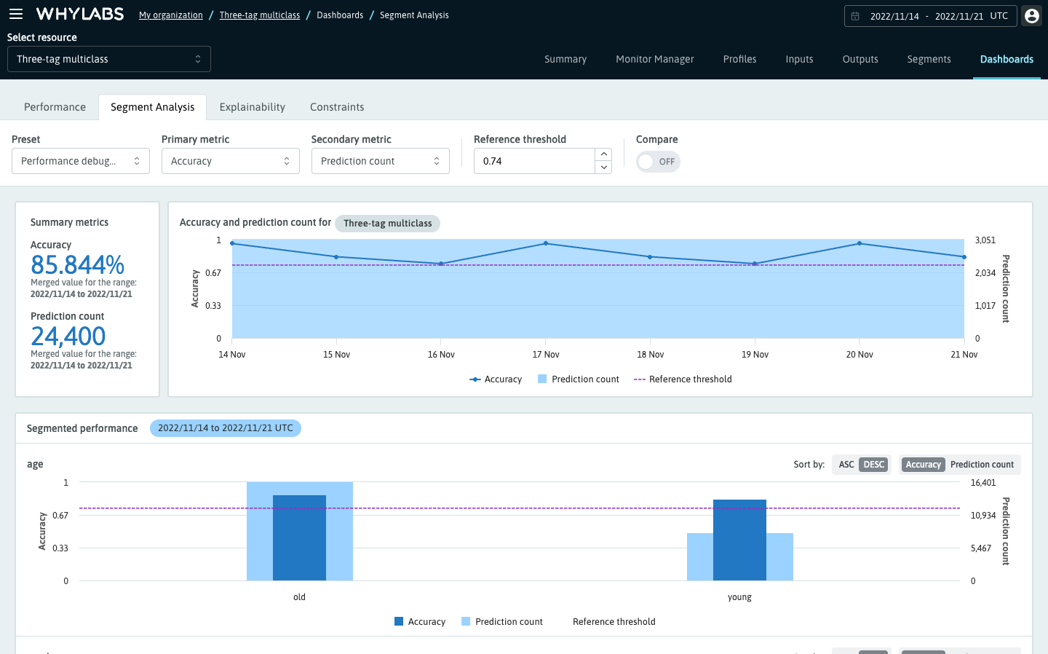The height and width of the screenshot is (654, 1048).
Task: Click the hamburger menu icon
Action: [x=16, y=14]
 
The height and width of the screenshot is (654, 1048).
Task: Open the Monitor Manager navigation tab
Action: [x=654, y=59]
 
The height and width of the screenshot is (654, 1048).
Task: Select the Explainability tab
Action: [x=252, y=107]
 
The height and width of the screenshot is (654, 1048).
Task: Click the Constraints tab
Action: [x=337, y=107]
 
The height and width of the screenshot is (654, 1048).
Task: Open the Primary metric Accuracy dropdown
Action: [x=230, y=161]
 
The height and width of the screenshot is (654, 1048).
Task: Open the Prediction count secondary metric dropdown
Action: [x=380, y=161]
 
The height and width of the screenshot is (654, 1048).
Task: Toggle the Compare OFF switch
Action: [x=658, y=162]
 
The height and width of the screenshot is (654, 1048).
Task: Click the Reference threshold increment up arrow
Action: [x=603, y=154]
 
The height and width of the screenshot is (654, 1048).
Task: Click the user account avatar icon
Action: [x=1031, y=15]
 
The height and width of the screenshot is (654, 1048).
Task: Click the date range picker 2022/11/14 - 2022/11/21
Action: [x=930, y=16]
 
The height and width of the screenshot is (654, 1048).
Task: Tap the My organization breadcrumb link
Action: [x=170, y=15]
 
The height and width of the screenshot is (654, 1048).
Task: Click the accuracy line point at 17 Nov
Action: [x=546, y=243]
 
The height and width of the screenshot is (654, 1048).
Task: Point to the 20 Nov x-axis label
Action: [x=860, y=355]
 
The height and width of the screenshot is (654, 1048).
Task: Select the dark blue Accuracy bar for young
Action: [x=739, y=540]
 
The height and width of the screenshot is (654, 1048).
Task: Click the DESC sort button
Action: [x=873, y=465]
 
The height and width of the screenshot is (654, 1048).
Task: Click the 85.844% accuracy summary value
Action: [x=77, y=264]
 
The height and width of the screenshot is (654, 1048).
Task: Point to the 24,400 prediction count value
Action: [x=68, y=336]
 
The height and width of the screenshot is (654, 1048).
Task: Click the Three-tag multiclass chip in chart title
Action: [x=387, y=224]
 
